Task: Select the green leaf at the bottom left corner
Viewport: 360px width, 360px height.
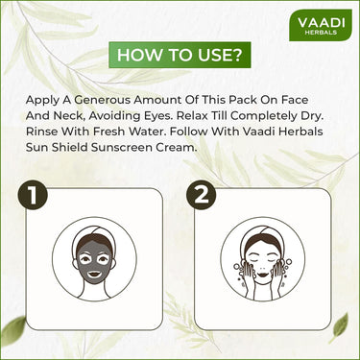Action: pyautogui.click(x=12, y=341)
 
